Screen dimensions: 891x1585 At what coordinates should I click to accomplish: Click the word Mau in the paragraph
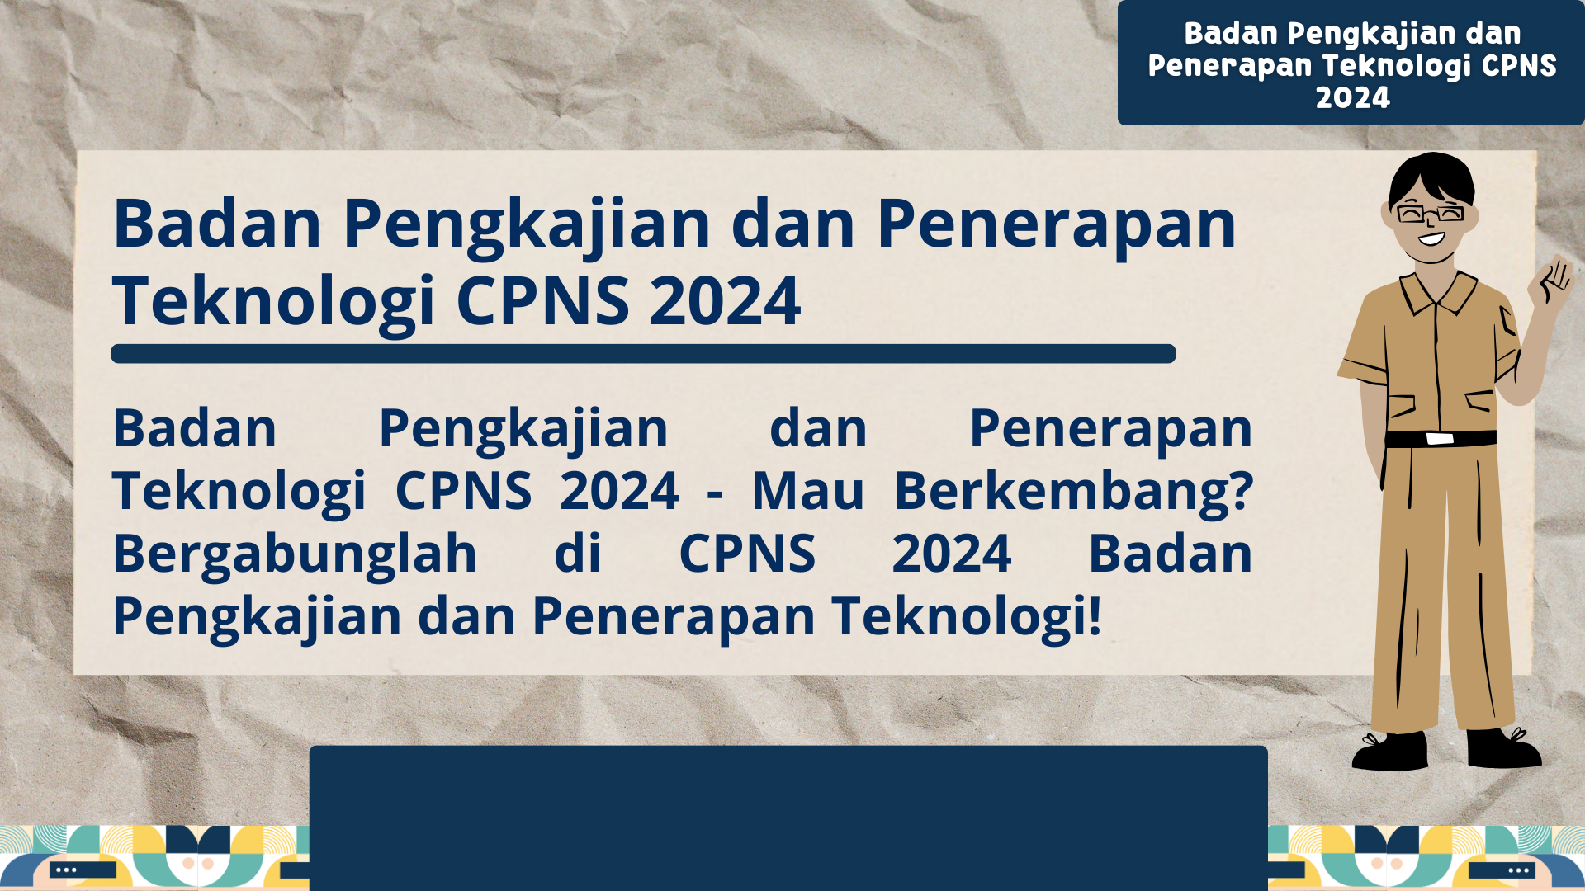coord(807,492)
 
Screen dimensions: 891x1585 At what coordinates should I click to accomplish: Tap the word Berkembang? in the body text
coord(1073,492)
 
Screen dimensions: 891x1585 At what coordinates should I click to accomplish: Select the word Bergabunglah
coord(295,554)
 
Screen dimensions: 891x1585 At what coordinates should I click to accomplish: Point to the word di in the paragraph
coord(578,554)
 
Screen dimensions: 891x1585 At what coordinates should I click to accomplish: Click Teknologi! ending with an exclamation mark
coord(966,617)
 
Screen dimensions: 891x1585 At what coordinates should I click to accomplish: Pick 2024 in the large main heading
coord(725,301)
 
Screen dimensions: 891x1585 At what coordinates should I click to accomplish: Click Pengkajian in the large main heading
coord(527,224)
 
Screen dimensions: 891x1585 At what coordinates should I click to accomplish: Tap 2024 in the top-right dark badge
coord(1352,98)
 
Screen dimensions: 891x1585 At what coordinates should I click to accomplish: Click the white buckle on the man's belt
coord(1439,438)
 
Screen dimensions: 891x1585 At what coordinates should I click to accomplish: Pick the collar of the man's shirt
coord(1436,290)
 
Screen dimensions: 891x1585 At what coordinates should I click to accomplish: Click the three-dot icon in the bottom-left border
coord(66,870)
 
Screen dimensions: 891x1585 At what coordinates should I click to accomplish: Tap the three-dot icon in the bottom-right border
coord(1519,870)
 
